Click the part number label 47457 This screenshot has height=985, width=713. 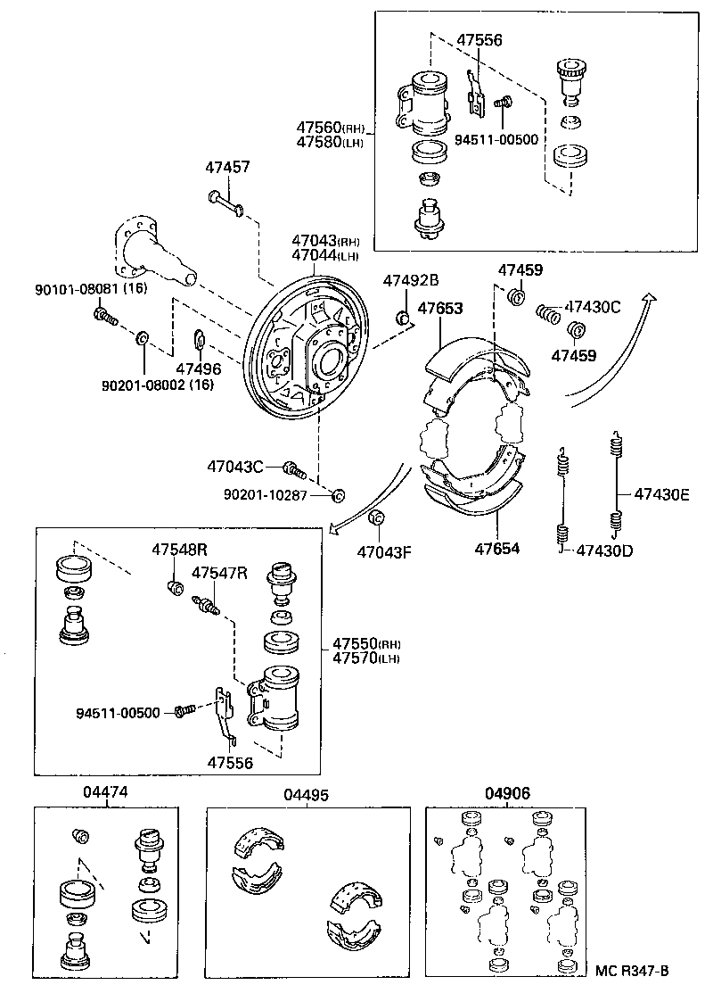[227, 167]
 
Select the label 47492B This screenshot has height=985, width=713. [411, 280]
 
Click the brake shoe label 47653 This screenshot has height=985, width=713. [440, 309]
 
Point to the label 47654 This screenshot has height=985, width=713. [497, 550]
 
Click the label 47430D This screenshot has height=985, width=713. [604, 550]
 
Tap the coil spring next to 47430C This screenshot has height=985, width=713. [547, 314]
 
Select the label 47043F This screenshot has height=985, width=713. [384, 551]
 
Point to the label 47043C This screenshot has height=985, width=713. [235, 466]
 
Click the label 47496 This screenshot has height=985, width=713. [198, 368]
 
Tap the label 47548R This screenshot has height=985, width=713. [178, 550]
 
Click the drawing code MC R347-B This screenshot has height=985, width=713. [632, 971]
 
